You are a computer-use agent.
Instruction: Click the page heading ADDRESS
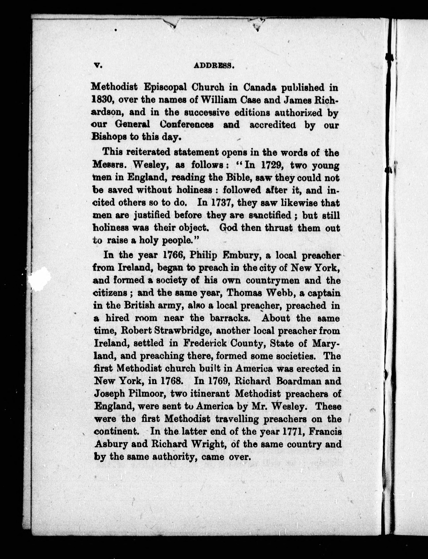(214, 66)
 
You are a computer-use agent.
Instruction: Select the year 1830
(101, 100)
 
